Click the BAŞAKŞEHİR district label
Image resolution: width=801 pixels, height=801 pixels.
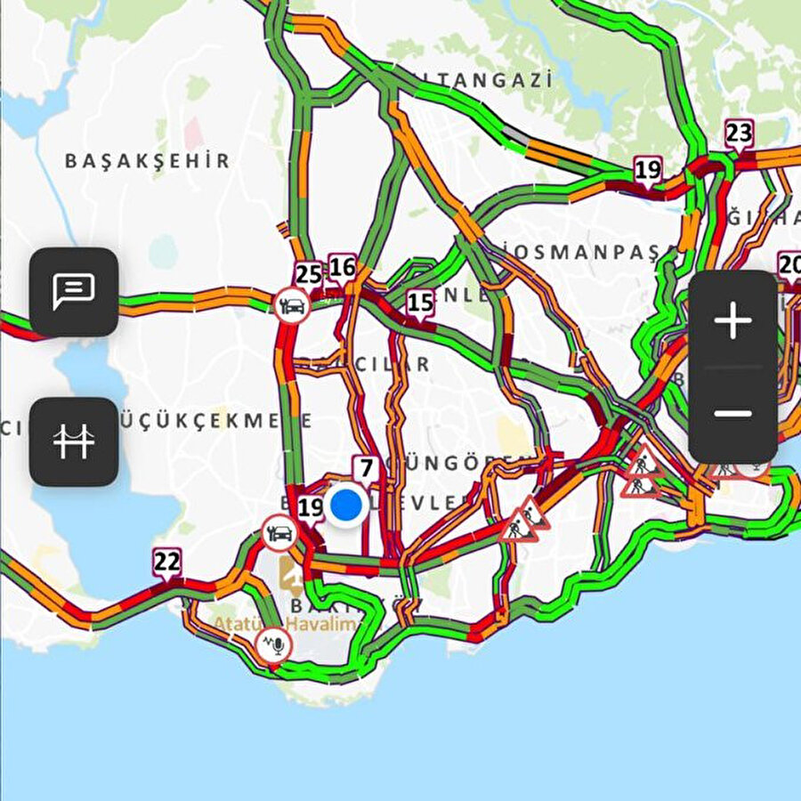pos(148,161)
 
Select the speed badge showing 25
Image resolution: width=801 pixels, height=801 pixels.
pos(309,274)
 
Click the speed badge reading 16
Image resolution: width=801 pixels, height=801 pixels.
pos(342,267)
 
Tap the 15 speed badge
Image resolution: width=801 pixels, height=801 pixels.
pos(420,303)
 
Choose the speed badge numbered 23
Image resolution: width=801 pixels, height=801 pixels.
pos(738,133)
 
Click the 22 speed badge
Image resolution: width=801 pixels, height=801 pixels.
pos(166,562)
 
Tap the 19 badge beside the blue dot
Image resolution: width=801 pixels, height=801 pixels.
pos(311,508)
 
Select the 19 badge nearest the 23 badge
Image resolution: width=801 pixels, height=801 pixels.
pos(648,169)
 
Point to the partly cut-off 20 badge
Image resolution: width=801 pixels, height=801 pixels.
pos(789,265)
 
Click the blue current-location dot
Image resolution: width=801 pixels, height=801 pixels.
pos(345,505)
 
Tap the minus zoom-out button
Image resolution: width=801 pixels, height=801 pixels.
pos(733,413)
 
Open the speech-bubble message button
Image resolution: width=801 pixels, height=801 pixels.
pos(74,291)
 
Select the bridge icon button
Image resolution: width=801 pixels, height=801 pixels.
pos(74,441)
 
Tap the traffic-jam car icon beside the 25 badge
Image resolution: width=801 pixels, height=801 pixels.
pos(291,305)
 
